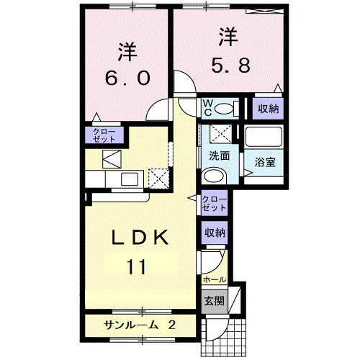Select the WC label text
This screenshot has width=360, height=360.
pos(207,108)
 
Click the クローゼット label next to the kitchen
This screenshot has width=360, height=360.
pos(104,134)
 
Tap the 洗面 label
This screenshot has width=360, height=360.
pos(219,156)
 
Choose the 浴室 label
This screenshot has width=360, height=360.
pos(264,161)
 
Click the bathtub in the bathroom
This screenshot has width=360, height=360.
pos(264,138)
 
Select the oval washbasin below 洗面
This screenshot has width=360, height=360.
pos(213,176)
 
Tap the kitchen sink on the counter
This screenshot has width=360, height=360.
pos(130,179)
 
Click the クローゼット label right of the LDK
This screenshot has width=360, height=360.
pos(213,202)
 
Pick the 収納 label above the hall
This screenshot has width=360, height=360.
pos(215,233)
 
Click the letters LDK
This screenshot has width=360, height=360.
pos(141,238)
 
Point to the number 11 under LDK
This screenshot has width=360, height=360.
pos(138,267)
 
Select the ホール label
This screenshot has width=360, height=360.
pos(215,279)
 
